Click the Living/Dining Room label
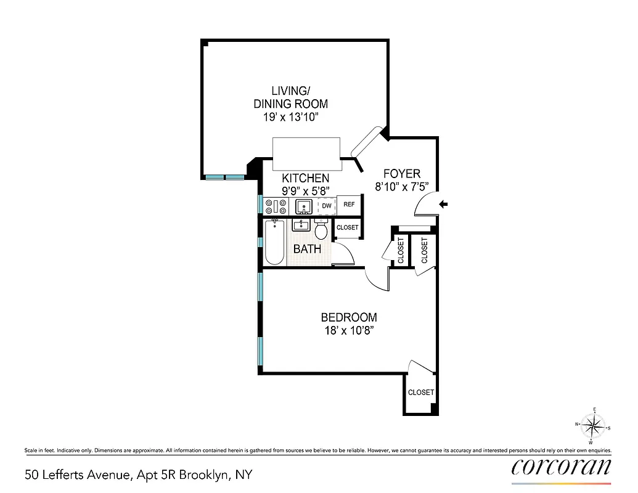pyautogui.click(x=291, y=98)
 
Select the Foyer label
pyautogui.click(x=401, y=174)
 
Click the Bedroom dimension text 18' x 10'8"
pyautogui.click(x=348, y=330)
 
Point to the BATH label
pyautogui.click(x=307, y=249)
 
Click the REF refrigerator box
pyautogui.click(x=349, y=205)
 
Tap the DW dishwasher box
pyautogui.click(x=327, y=205)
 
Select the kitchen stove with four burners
pyautogui.click(x=276, y=206)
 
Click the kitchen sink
pyautogui.click(x=303, y=206)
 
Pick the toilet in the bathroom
pyautogui.click(x=321, y=230)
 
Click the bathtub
pyautogui.click(x=274, y=243)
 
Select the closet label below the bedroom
pyautogui.click(x=421, y=393)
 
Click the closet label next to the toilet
pyautogui.click(x=348, y=228)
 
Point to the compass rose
pyautogui.click(x=593, y=425)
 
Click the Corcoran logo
pyautogui.click(x=561, y=467)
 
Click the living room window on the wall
pyautogui.click(x=224, y=177)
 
